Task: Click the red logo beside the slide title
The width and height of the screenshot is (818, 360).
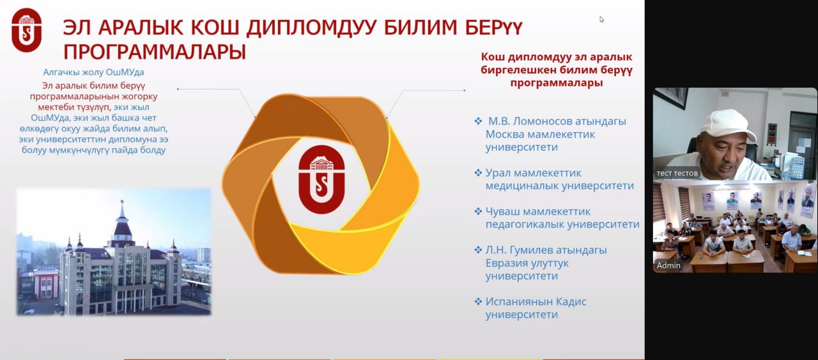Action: pos(27,30)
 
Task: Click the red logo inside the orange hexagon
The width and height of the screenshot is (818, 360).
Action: pos(321,179)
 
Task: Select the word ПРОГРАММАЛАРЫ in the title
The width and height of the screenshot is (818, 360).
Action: pos(155,52)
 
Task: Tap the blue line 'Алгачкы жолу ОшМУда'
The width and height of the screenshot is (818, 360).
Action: pos(93,72)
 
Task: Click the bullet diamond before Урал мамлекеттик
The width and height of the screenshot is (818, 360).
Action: pos(478,173)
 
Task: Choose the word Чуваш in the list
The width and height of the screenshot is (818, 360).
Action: pos(504,212)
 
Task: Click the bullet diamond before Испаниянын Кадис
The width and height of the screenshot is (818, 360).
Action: pos(478,302)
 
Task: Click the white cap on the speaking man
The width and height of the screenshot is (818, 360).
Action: pos(727,125)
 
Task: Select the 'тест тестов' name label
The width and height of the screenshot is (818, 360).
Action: pos(677,173)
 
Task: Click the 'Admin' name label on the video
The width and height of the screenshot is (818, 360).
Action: pos(668,266)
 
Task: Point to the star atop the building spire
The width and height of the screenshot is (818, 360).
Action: pos(122,201)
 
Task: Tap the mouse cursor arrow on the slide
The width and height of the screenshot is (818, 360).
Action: pos(601,19)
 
